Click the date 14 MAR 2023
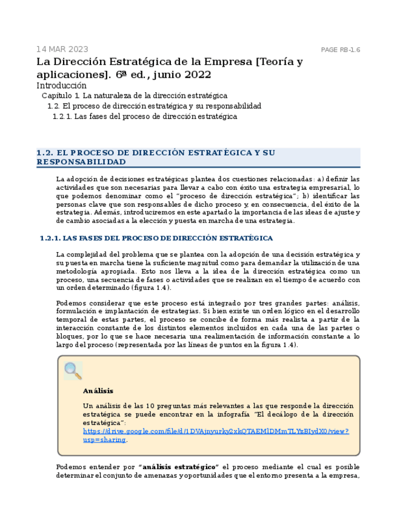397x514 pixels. tap(62, 49)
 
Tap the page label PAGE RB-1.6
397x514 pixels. tap(340, 50)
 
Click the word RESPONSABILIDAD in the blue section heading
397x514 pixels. tap(81, 162)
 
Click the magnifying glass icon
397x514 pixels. tap(73, 370)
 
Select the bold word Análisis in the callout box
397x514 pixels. tap(98, 391)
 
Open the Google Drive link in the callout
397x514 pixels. tap(215, 431)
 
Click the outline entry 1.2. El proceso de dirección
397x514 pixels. tap(154, 106)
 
